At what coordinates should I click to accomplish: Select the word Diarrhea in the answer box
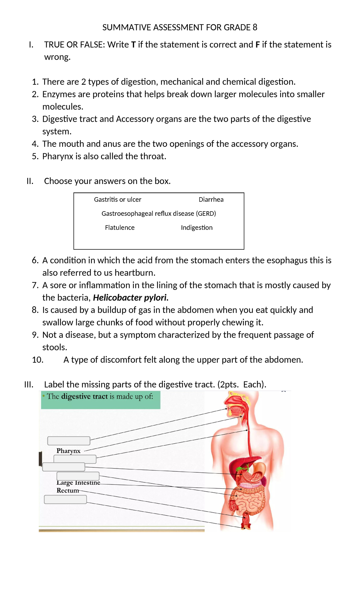(x=211, y=200)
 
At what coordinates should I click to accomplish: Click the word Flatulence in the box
(x=120, y=228)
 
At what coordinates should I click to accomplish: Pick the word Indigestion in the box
(x=196, y=228)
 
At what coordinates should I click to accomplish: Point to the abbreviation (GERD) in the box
(x=206, y=214)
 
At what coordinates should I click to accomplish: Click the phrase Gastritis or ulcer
(x=118, y=200)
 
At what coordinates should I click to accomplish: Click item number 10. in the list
(x=38, y=360)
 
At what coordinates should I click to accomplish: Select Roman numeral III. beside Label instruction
(x=29, y=385)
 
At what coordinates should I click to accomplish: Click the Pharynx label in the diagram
(x=68, y=451)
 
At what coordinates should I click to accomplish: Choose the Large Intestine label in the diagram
(x=78, y=483)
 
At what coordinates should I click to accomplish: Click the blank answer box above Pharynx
(x=69, y=441)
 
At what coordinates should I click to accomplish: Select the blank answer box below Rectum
(x=65, y=500)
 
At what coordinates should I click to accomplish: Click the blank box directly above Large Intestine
(x=78, y=476)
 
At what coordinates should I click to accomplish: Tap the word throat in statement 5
(x=152, y=156)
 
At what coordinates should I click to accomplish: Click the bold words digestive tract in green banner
(x=84, y=397)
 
